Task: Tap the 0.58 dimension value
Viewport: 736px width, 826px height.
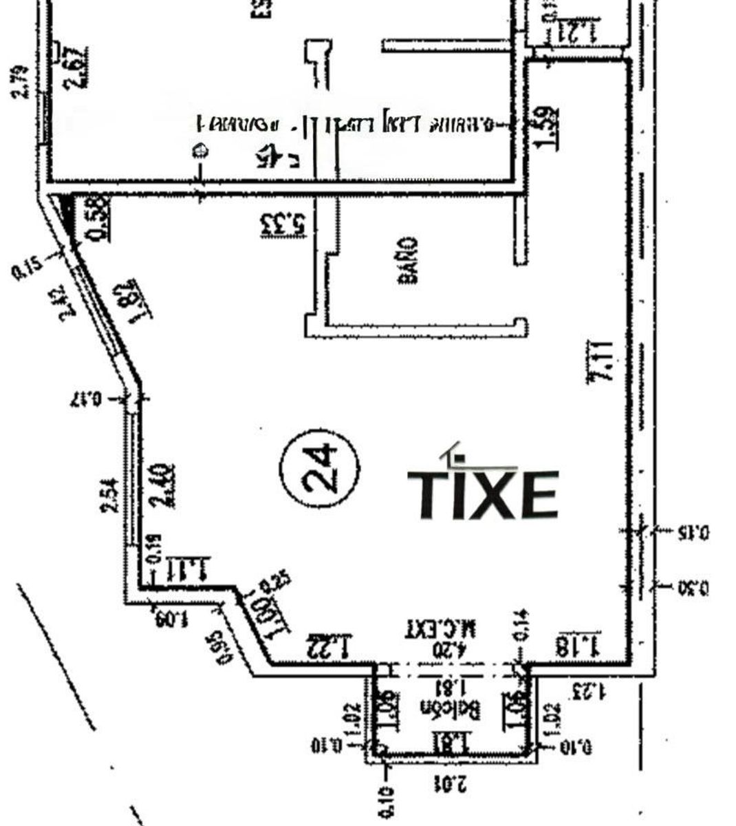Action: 97,218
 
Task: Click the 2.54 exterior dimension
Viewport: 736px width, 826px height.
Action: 109,497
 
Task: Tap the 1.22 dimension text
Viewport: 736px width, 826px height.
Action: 329,645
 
